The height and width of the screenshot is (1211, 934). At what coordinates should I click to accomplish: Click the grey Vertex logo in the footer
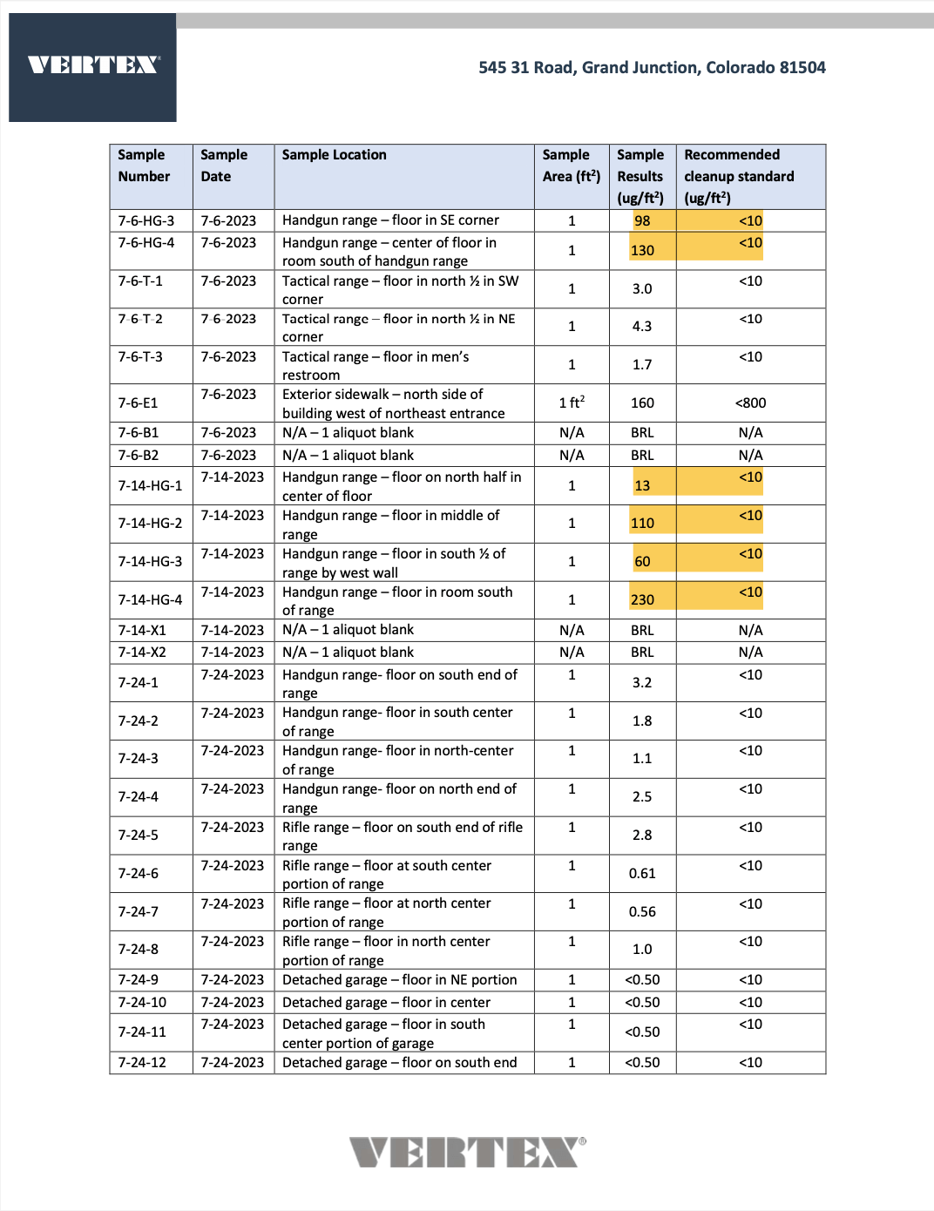[x=468, y=1152]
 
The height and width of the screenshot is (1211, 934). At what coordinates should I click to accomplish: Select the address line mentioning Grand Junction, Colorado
[x=652, y=67]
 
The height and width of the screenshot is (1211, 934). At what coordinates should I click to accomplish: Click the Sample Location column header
[x=334, y=155]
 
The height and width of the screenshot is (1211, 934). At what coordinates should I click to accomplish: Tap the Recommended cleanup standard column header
[x=739, y=176]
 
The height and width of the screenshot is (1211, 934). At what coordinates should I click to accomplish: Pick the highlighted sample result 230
[x=642, y=599]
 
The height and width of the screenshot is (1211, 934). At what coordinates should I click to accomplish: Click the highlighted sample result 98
[x=642, y=220]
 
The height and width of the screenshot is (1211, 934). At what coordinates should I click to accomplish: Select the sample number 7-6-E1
[x=139, y=403]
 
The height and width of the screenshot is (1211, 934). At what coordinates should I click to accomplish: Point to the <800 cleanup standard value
[x=750, y=403]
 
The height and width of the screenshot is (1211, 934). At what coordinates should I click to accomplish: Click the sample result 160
[x=642, y=403]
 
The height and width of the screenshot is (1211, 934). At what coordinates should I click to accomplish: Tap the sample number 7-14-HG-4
[x=151, y=599]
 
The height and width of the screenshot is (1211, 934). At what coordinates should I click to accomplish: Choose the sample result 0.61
[x=642, y=873]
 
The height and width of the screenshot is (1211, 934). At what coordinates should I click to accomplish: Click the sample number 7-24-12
[x=143, y=1062]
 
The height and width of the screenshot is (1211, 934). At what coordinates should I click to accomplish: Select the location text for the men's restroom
[x=376, y=366]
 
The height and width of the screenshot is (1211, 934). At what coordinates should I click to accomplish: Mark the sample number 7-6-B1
[x=139, y=432]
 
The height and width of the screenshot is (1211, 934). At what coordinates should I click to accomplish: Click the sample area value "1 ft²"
[x=572, y=403]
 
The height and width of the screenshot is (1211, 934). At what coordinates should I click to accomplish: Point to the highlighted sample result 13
[x=642, y=485]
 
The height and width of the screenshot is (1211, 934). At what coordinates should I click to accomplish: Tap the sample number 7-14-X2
[x=142, y=652]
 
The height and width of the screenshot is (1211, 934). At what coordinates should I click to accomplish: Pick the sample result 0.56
[x=642, y=911]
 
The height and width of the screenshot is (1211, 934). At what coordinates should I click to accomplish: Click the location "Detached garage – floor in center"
[x=386, y=1002]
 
